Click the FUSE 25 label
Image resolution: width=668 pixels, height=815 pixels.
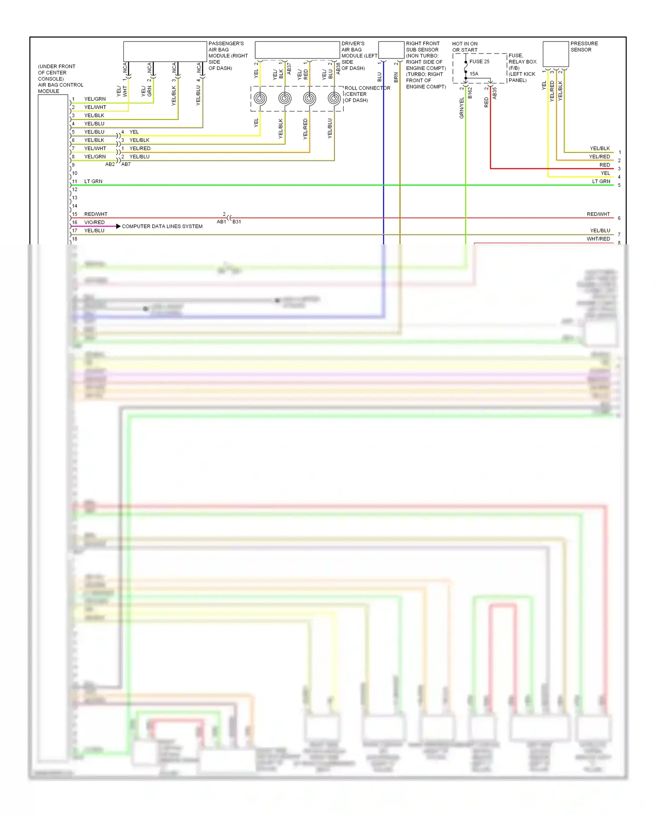coord(479,62)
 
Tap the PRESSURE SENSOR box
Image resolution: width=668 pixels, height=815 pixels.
coord(555,54)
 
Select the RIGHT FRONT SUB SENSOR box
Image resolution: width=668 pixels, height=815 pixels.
coord(391,50)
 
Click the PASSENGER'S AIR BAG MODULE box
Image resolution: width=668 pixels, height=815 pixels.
coord(165,51)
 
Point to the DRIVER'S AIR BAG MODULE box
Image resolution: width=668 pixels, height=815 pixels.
coord(297,50)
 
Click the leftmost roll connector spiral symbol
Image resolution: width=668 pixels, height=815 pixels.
coord(260,99)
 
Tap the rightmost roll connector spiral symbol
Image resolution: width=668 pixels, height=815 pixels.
coord(334,99)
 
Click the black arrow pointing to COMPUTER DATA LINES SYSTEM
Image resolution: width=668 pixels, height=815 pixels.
coord(118,226)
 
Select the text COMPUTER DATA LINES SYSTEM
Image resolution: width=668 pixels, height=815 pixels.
coord(162,226)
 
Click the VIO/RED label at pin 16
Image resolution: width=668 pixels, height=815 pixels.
coord(94,222)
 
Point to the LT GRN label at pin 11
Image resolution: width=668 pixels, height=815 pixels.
coord(93,181)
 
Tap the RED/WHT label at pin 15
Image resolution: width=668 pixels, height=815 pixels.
coord(96,214)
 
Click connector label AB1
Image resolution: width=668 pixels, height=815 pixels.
coord(221,222)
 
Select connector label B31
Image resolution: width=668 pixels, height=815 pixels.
coord(236,222)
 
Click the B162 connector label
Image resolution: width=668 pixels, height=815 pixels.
coord(470,93)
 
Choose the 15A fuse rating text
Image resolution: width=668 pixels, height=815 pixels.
coord(474,74)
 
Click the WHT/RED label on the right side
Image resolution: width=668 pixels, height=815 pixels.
coord(598,239)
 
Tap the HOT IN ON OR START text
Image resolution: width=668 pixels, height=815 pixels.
coord(465,47)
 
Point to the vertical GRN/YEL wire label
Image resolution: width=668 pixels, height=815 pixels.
coord(462,108)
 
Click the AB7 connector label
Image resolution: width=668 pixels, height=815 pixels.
coord(126,164)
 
